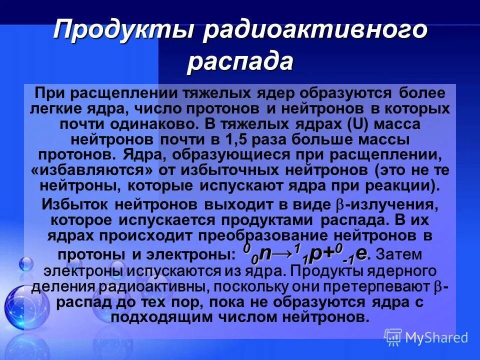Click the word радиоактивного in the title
[x=315, y=30]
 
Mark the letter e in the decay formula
[x=361, y=253]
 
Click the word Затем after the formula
[x=398, y=254]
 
